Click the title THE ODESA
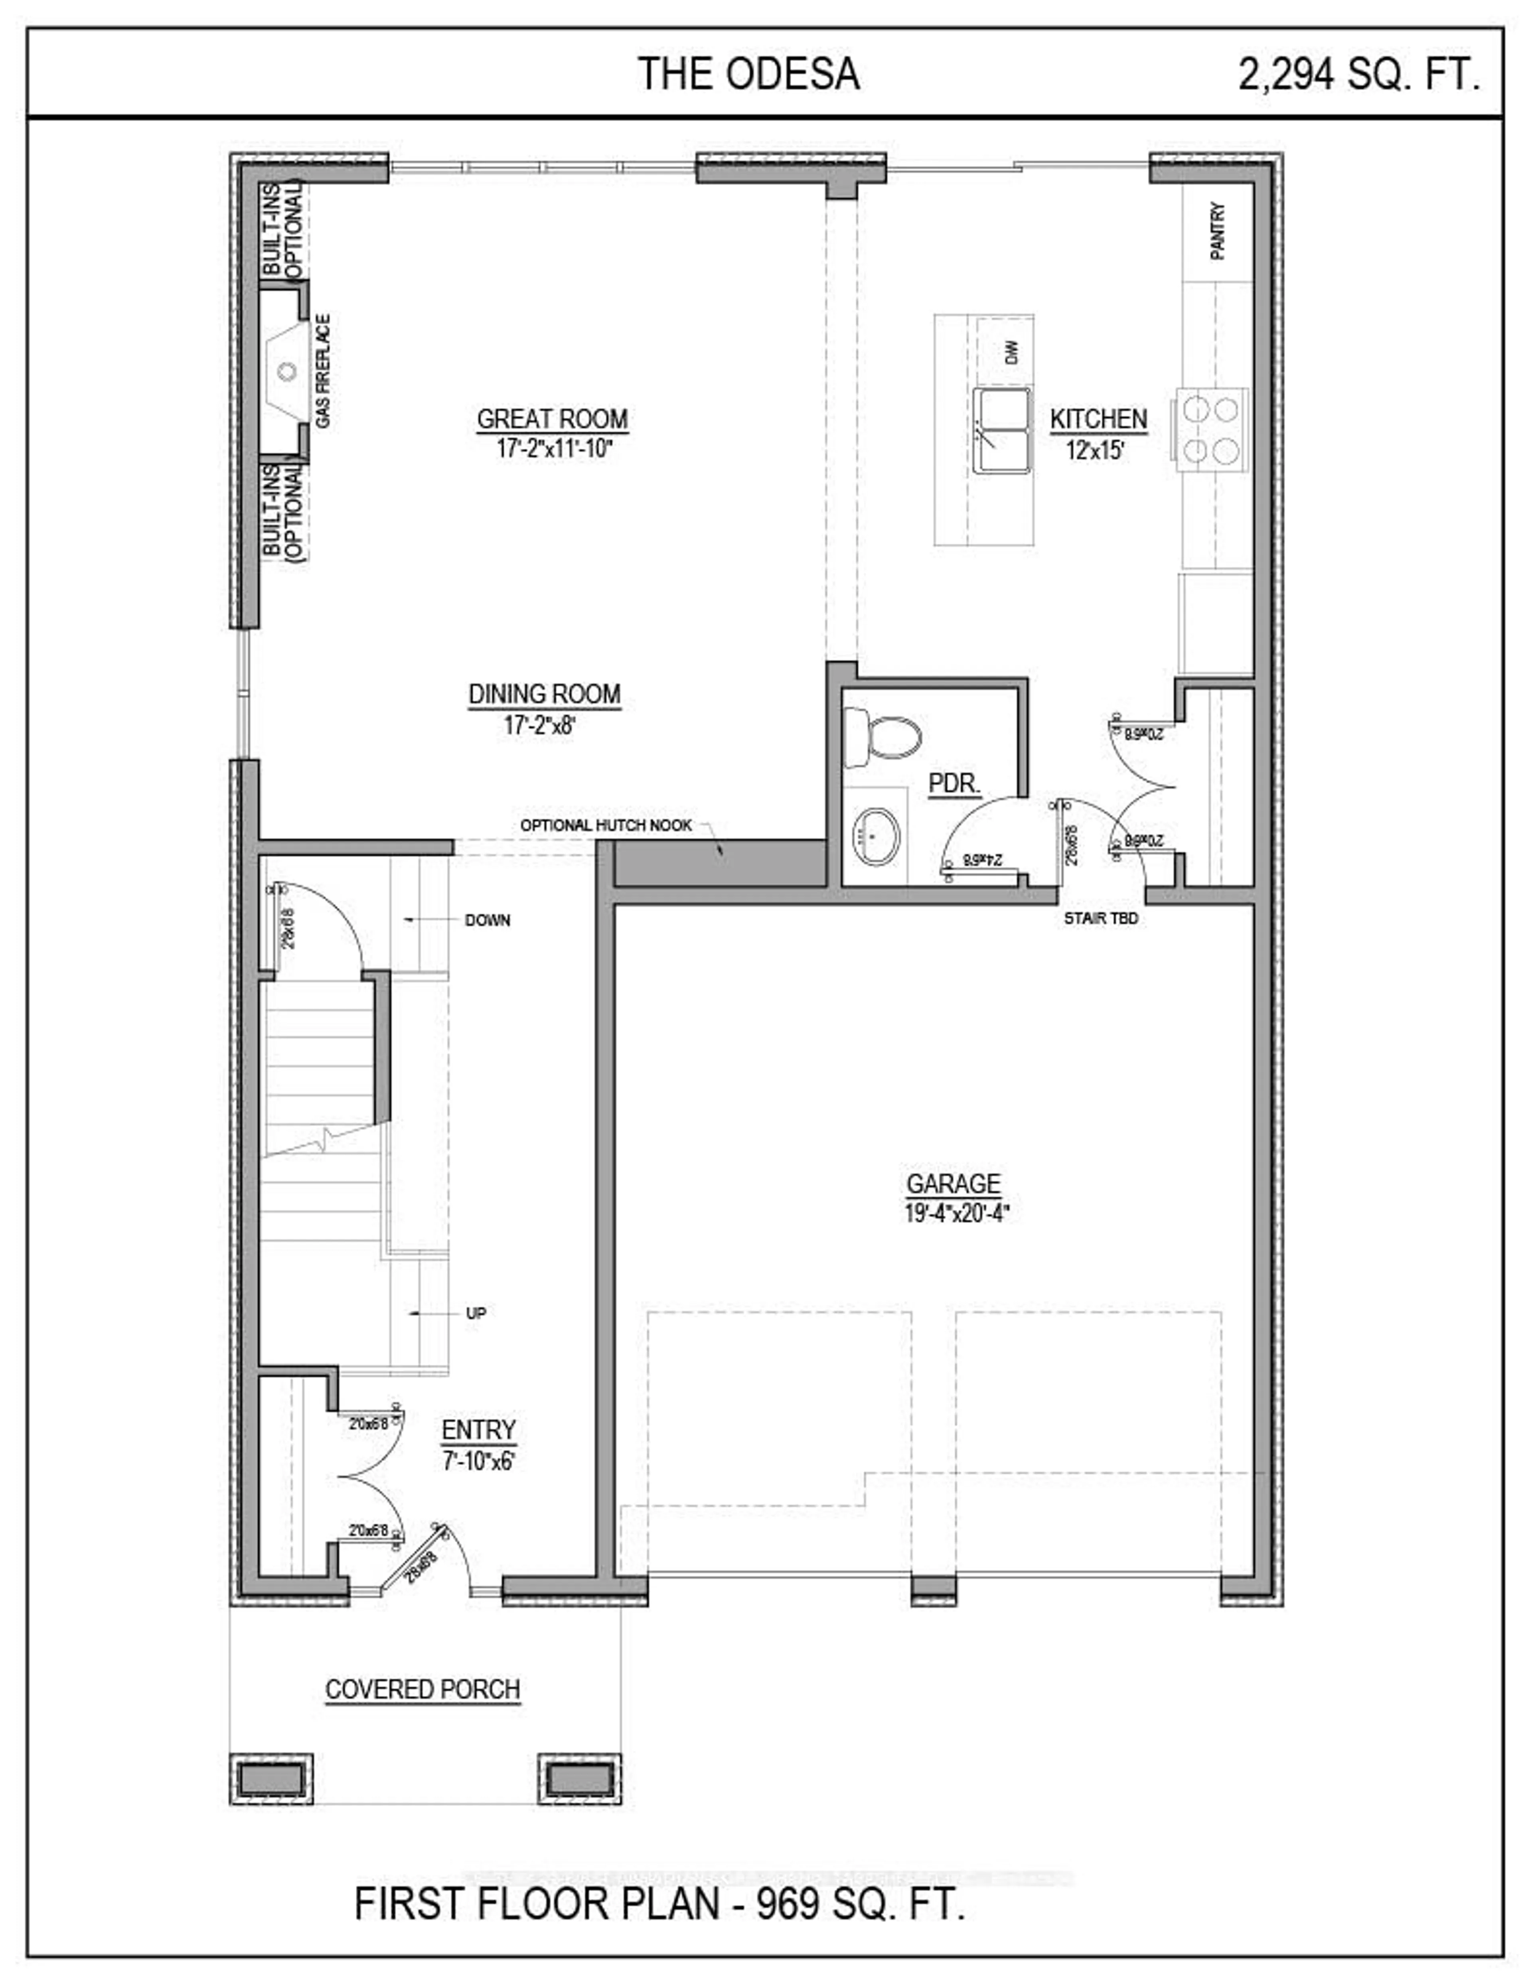click(748, 75)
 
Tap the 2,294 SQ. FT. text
click(1358, 75)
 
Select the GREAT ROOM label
click(552, 420)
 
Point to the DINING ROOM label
click(544, 695)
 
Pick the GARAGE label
click(953, 1184)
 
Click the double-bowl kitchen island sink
click(1003, 430)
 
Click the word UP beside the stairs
click(476, 1313)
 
